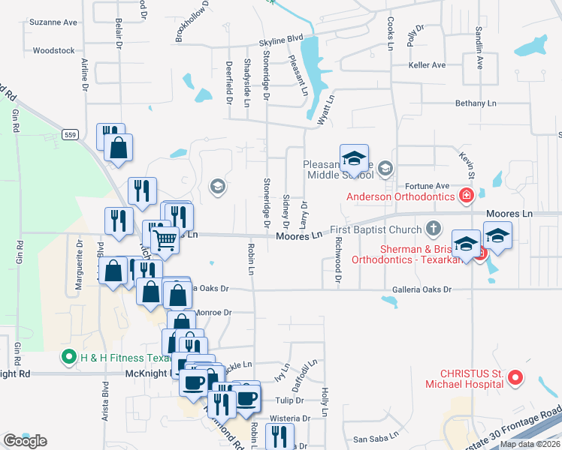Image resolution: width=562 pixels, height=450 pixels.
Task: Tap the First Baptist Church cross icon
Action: pyautogui.click(x=433, y=227)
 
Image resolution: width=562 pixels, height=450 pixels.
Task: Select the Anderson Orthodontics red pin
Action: pyautogui.click(x=467, y=196)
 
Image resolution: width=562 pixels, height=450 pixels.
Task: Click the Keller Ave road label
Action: pyautogui.click(x=427, y=65)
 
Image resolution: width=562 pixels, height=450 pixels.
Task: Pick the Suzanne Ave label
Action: pyautogui.click(x=53, y=22)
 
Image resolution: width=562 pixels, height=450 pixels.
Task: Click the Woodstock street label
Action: pyautogui.click(x=54, y=51)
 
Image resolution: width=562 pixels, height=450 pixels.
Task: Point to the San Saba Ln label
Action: pyautogui.click(x=370, y=439)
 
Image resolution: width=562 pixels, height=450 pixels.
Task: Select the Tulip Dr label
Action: pyautogui.click(x=289, y=400)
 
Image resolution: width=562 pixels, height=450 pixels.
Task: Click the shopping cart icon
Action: pyautogui.click(x=165, y=240)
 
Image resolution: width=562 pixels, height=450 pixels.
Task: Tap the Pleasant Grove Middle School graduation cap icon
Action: pyautogui.click(x=354, y=158)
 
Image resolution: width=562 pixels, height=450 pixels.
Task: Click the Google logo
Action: pyautogui.click(x=25, y=441)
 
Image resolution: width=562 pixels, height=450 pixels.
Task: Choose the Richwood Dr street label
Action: pyautogui.click(x=339, y=262)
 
